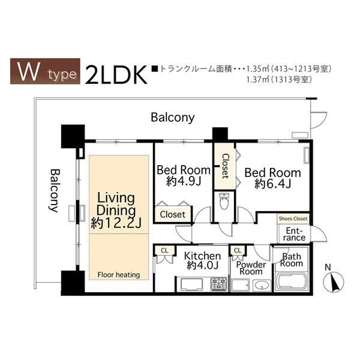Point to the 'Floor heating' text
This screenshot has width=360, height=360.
[119, 275]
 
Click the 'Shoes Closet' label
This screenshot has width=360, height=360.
[293, 219]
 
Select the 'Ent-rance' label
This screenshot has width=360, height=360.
[295, 234]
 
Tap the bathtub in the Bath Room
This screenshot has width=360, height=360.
[291, 282]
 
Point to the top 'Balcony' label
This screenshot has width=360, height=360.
[173, 118]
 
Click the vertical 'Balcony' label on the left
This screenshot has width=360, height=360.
[53, 190]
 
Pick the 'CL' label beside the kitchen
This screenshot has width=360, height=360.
[164, 250]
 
